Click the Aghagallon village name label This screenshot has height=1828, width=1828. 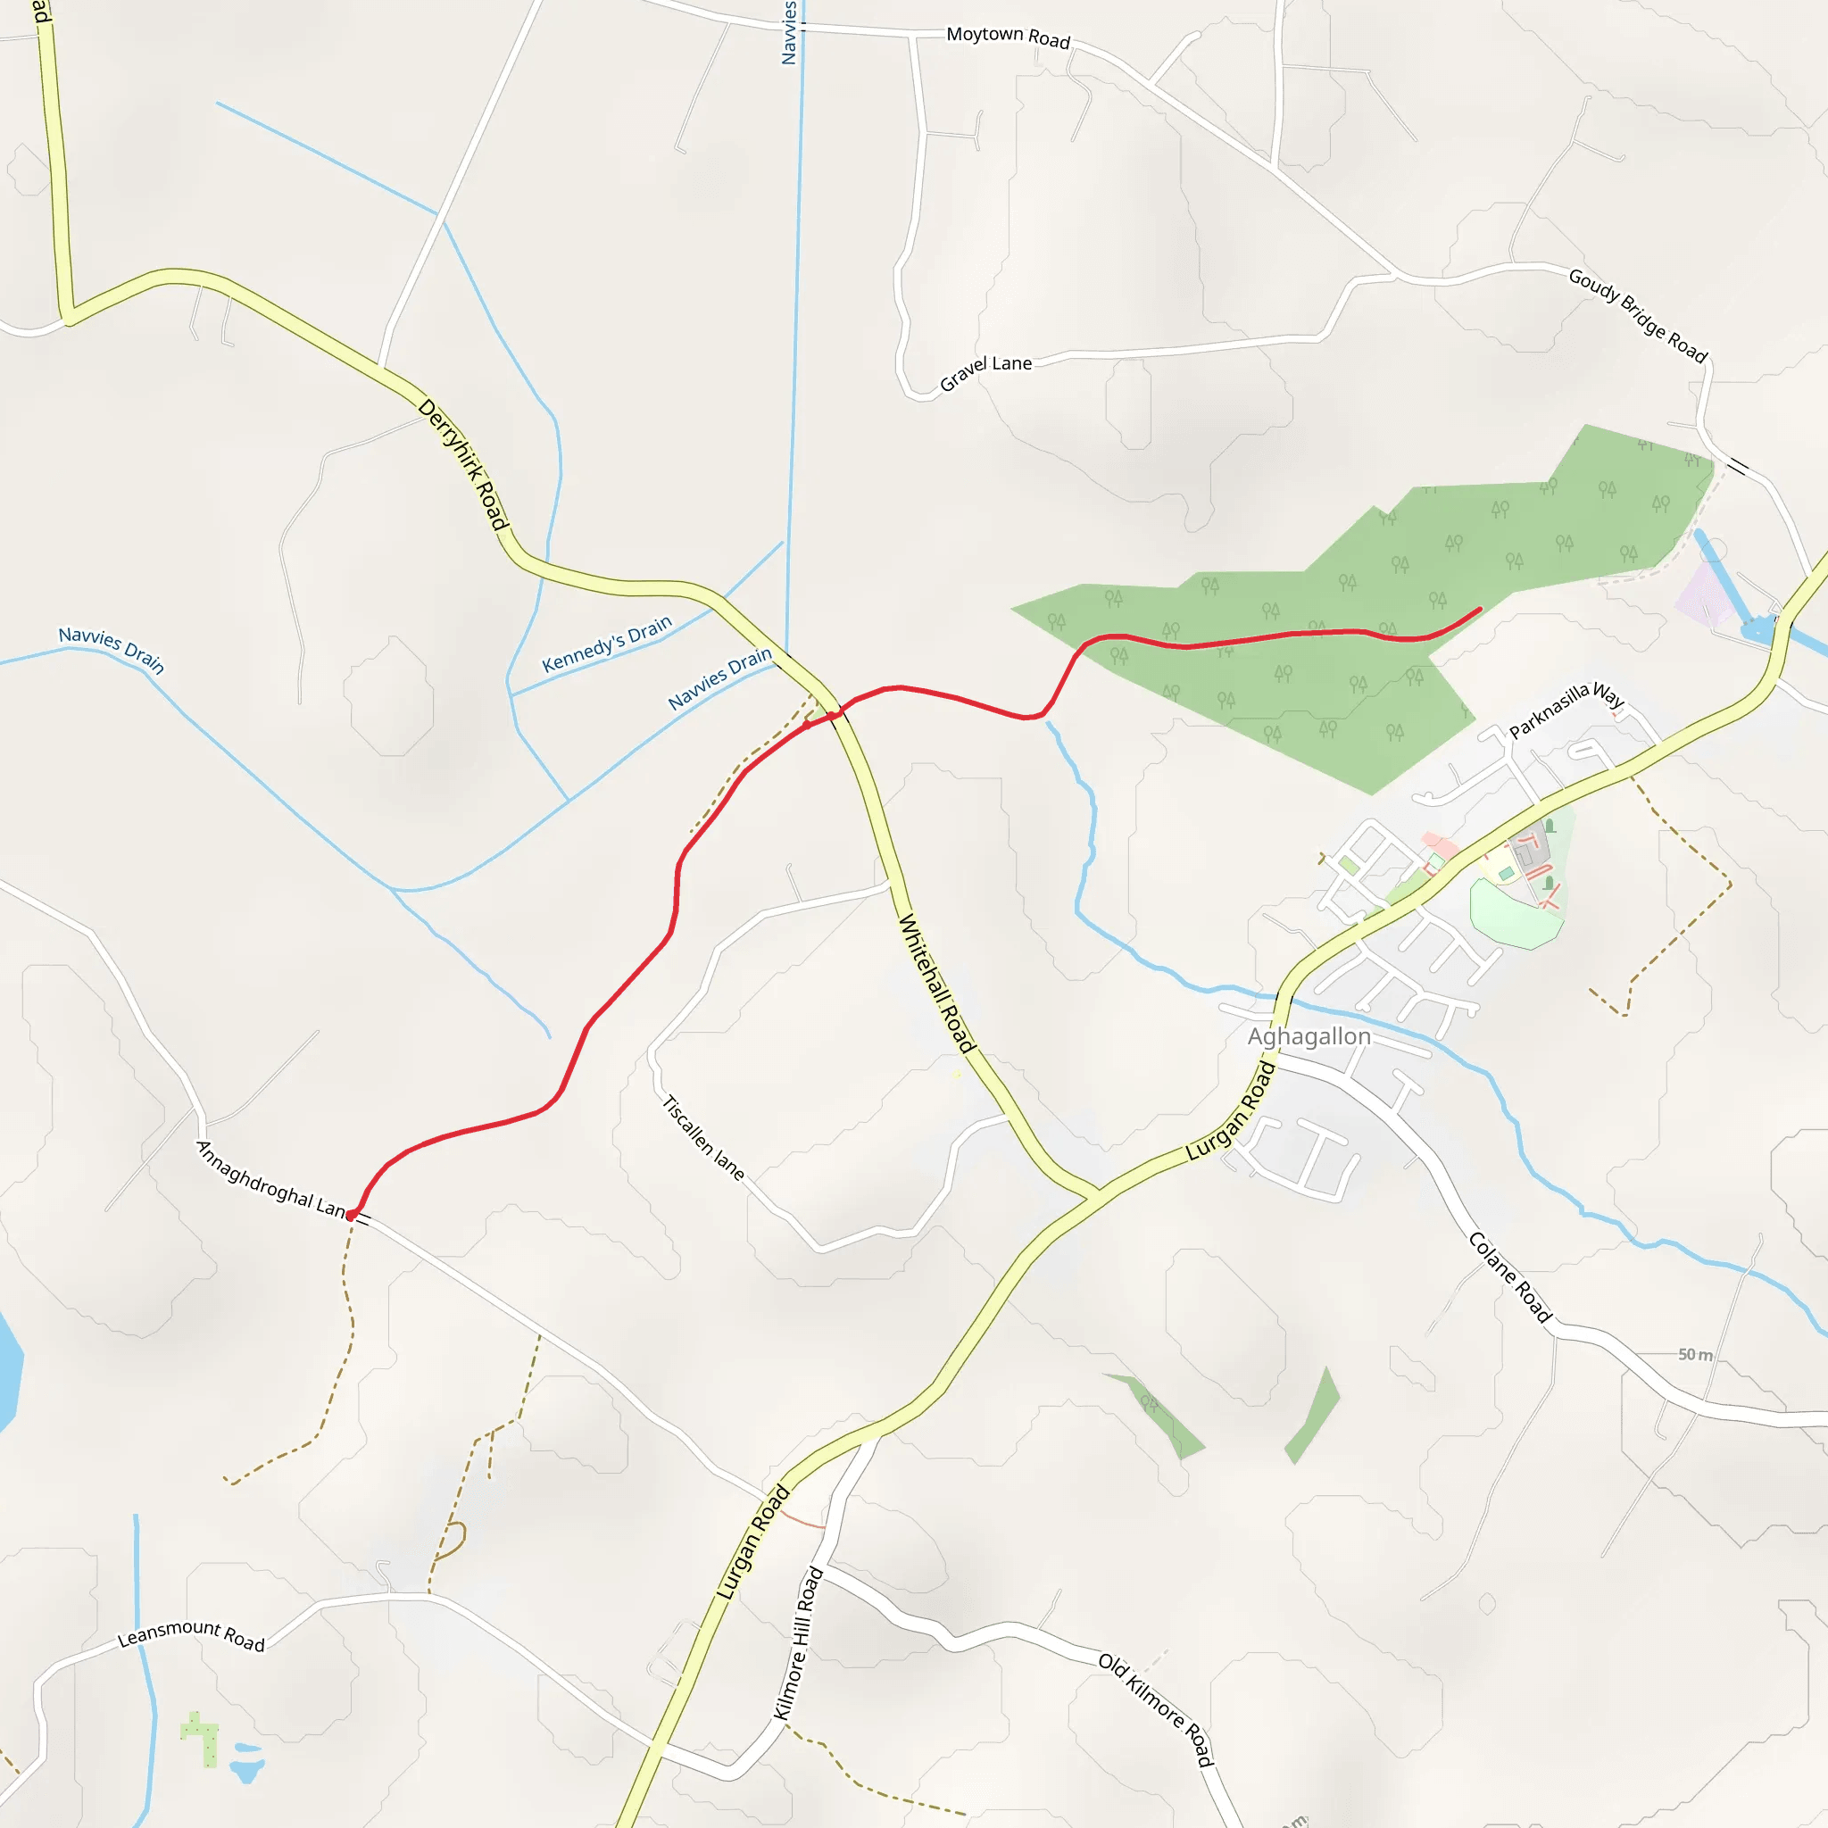click(x=1309, y=1036)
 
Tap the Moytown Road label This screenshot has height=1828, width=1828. click(x=1008, y=37)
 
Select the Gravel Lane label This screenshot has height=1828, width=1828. click(x=985, y=372)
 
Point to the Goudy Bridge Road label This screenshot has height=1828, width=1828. click(x=1638, y=315)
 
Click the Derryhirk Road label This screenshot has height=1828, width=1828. click(x=463, y=463)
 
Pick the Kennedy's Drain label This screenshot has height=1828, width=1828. click(x=606, y=644)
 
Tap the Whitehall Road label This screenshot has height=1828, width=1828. click(x=935, y=983)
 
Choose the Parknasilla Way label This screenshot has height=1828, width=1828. click(x=1566, y=709)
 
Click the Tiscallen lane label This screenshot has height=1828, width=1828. click(x=703, y=1137)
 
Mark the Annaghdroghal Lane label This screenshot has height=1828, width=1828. click(x=271, y=1180)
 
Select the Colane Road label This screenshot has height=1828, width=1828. click(x=1510, y=1276)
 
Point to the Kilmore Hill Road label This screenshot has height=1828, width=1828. click(x=799, y=1643)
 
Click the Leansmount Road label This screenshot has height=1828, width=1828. click(x=191, y=1634)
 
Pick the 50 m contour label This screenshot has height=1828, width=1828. click(x=1695, y=1355)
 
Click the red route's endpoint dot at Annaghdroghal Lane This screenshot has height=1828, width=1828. click(x=351, y=1215)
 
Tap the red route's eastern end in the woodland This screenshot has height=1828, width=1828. click(x=1479, y=610)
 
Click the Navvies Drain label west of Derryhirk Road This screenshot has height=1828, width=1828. click(x=112, y=649)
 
